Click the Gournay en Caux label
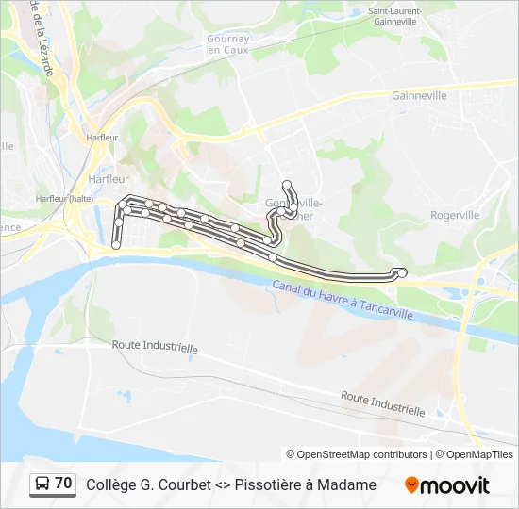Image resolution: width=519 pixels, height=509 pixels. point(227,44)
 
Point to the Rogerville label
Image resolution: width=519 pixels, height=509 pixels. point(455,215)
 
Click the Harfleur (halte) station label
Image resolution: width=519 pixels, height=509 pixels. point(64,199)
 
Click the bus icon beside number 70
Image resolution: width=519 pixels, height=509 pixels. point(42,484)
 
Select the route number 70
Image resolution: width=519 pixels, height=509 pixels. point(63,484)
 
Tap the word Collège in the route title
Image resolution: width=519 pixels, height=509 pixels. point(112,484)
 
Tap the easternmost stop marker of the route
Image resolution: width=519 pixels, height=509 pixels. point(403,273)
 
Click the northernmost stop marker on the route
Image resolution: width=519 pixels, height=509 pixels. point(286,185)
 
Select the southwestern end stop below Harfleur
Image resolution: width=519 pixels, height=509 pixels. point(116,244)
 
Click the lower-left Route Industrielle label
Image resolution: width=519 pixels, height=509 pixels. point(155,347)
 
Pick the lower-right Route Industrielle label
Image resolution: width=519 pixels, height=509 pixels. point(382,403)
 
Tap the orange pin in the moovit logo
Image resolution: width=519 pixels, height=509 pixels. point(411,485)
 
